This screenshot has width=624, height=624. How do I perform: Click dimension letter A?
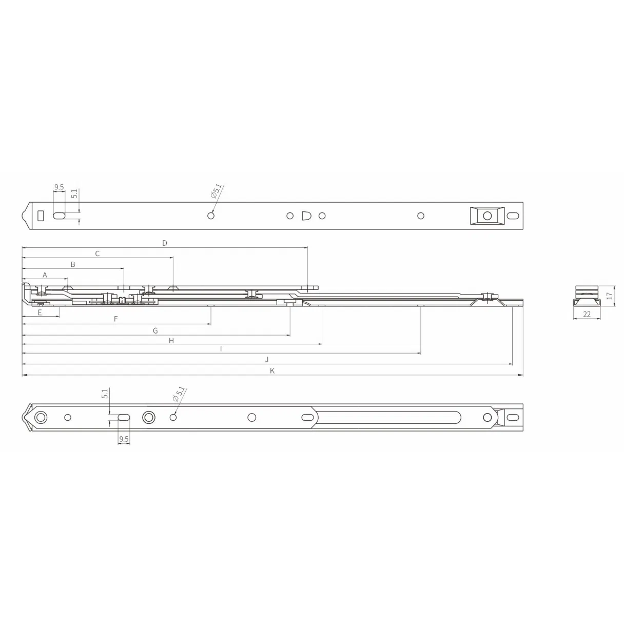point(45,275)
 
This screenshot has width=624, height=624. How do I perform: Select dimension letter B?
point(73,264)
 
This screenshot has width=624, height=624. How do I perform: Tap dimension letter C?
point(98,254)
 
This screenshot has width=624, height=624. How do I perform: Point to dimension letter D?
point(165,243)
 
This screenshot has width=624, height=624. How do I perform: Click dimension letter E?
point(40,311)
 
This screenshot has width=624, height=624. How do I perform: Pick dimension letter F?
point(116,319)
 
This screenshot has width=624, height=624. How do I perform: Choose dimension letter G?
point(155,331)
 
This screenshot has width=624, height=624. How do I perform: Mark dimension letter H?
point(171,340)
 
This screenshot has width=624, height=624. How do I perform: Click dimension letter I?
point(221,349)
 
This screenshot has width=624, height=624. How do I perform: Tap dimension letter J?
point(267,360)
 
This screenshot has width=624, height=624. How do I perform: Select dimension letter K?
point(272,371)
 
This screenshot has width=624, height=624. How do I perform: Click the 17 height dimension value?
point(609,296)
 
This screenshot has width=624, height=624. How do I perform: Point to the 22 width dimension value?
point(587,314)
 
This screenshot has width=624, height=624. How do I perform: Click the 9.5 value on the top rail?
point(59,187)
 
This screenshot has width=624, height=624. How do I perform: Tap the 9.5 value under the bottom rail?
point(124,439)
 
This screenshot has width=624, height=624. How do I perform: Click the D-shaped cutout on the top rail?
point(305,216)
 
